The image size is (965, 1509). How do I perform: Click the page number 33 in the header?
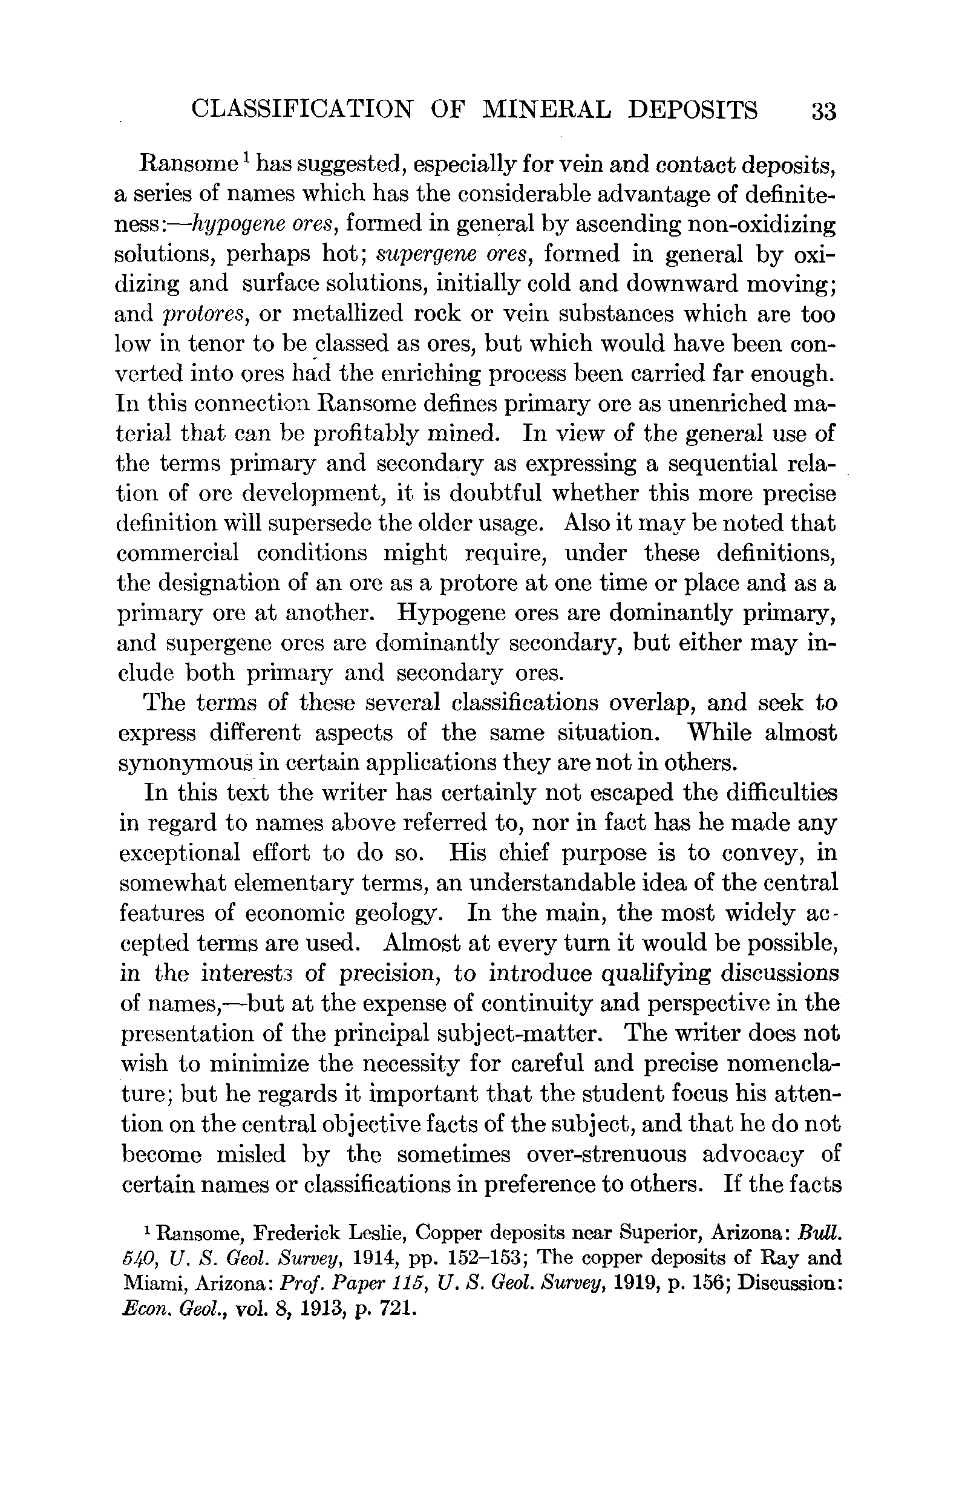(823, 111)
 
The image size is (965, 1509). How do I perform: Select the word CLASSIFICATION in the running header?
(302, 110)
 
